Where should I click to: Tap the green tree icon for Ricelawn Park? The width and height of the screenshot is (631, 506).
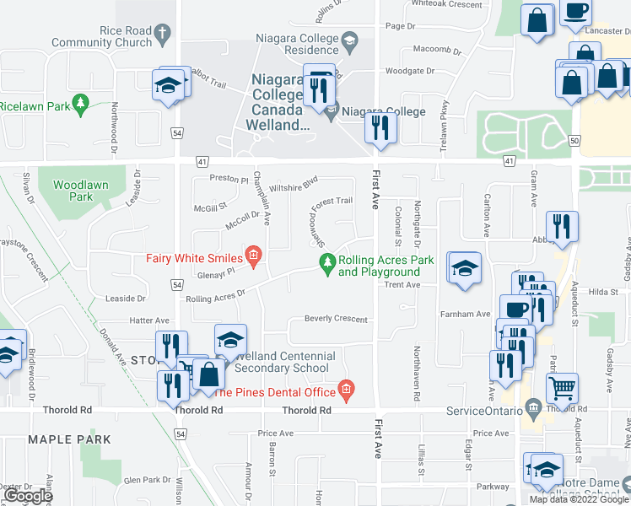(x=81, y=105)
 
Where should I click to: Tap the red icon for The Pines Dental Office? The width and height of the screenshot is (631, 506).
(x=346, y=390)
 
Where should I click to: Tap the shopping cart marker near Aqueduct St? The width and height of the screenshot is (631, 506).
(x=562, y=388)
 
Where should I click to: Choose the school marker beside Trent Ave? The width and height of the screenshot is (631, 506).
(x=464, y=268)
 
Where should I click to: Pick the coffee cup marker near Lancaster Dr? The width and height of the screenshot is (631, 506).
(x=576, y=11)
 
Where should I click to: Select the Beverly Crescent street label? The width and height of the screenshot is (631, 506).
(x=336, y=320)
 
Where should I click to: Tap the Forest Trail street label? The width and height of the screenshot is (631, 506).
(x=332, y=201)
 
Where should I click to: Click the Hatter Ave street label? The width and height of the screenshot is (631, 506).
(x=149, y=320)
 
